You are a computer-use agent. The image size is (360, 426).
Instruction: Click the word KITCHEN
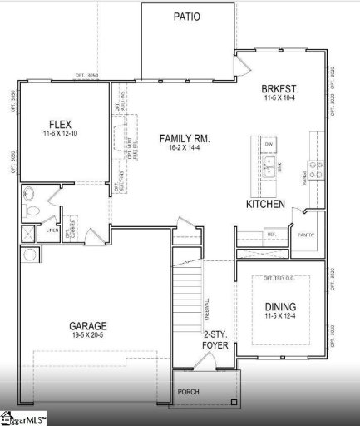click(265, 204)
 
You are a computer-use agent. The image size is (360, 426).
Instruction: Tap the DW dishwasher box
click(269, 146)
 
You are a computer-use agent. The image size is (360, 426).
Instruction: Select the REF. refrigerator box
click(272, 235)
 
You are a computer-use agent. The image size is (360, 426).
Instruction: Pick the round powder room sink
click(29, 196)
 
